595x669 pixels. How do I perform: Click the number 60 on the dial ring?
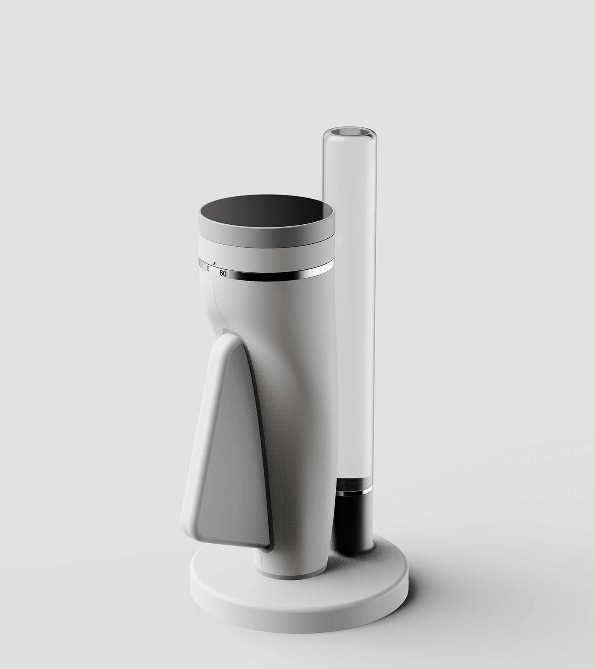click(x=223, y=274)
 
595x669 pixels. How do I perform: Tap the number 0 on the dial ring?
click(x=208, y=269)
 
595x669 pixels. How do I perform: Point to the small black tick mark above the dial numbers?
click(x=214, y=263)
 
